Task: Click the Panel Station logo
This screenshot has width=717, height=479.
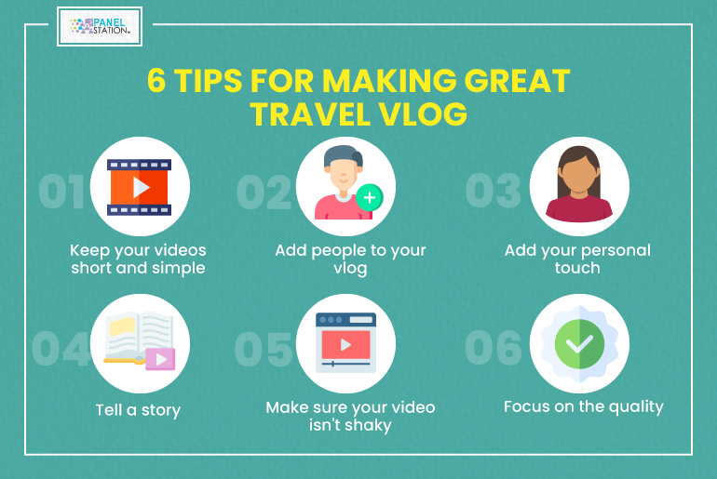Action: pos(100,26)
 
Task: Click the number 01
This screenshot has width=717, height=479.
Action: pos(61,192)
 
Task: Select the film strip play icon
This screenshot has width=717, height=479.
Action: pos(140,187)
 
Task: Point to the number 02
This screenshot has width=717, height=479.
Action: pos(264,193)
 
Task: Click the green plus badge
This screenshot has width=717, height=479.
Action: pos(370,198)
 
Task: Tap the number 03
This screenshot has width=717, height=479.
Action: pos(494,191)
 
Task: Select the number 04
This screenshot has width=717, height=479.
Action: pos(61,349)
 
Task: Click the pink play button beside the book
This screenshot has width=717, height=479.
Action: pos(160,359)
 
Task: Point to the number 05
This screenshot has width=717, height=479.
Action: pos(263,350)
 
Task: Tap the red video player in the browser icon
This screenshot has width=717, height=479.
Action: pos(346,345)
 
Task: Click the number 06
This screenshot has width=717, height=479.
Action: pos(494,348)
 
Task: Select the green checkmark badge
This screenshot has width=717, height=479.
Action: pos(579,344)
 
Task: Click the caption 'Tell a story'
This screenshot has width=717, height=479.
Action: pos(138,410)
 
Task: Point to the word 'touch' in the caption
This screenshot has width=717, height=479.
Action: pos(577,268)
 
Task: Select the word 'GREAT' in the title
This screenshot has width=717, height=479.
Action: pos(517,81)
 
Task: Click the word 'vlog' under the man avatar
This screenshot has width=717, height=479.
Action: pos(350,268)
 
